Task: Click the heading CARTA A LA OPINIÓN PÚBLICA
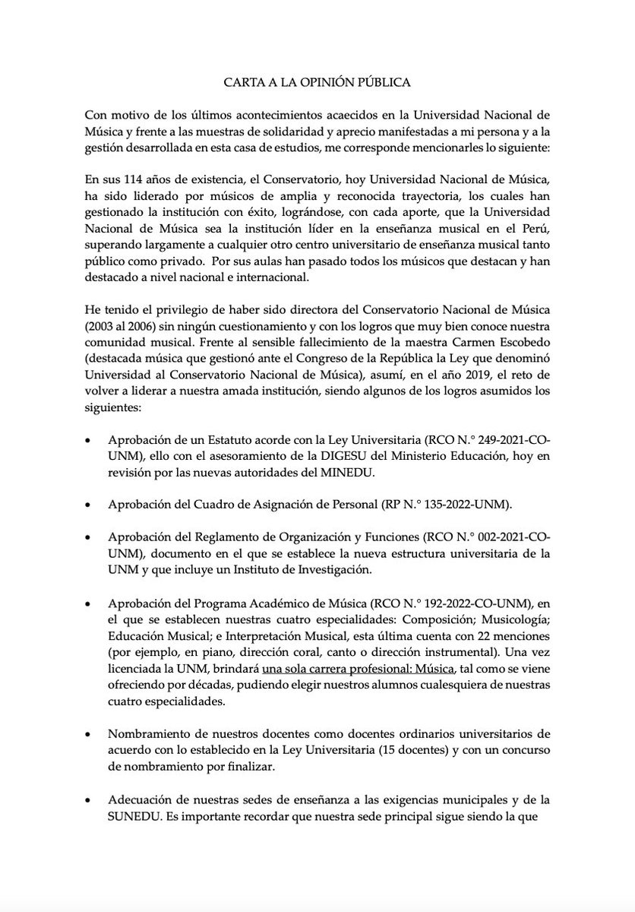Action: coord(317,81)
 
